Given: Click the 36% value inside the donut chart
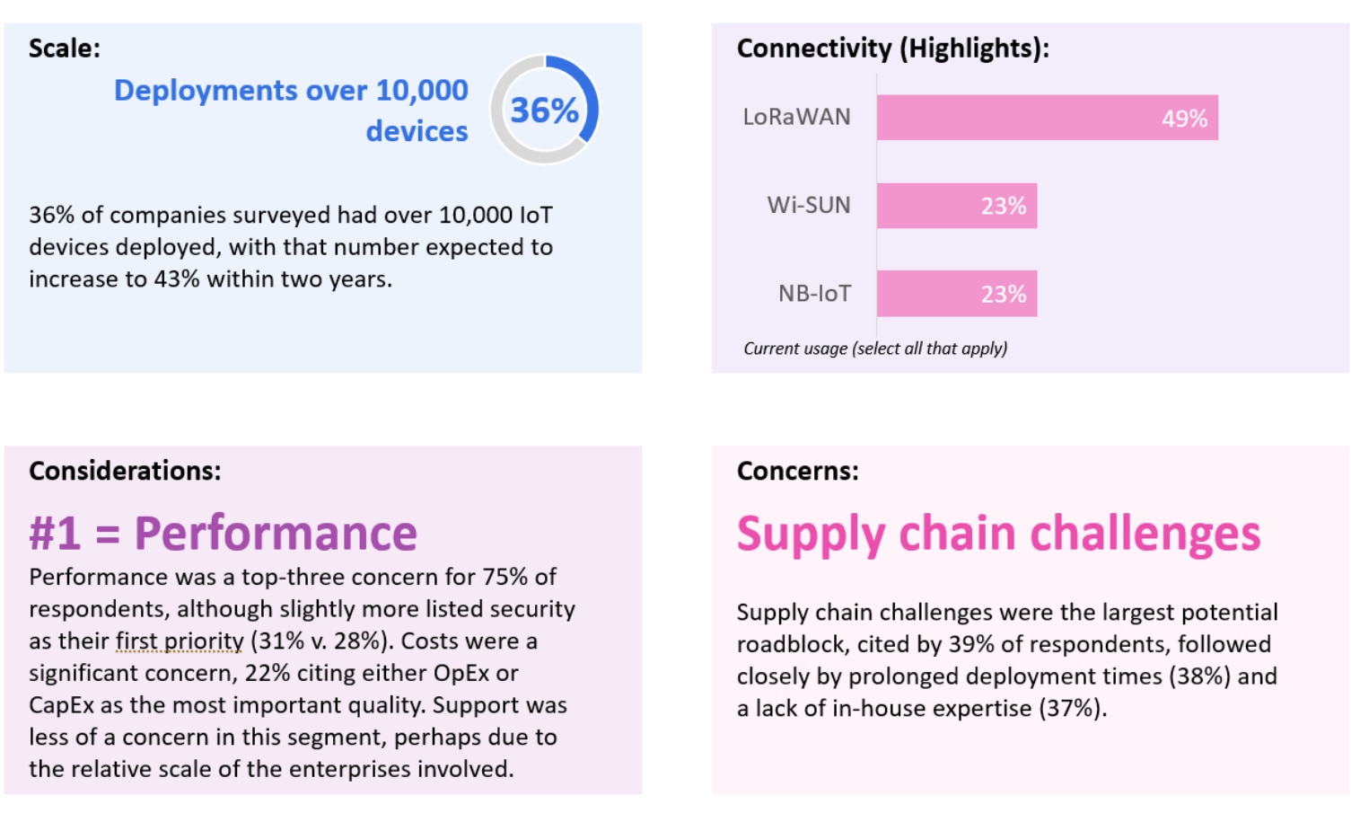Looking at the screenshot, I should coord(544,110).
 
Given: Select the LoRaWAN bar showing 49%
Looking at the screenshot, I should coord(1047,118).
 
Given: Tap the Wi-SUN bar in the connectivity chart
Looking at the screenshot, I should coord(956,206).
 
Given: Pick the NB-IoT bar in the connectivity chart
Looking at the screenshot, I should coord(956,294).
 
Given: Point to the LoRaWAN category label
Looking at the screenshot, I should coord(796,118).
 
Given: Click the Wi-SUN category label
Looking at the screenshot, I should coord(808,206).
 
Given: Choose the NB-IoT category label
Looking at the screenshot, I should coord(813,294).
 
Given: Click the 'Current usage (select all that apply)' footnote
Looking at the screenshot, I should coord(874,349).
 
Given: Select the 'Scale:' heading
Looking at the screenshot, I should coord(65,49).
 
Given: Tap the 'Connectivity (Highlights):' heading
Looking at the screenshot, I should coord(892,49).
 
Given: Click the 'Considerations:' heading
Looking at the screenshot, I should coord(125,471).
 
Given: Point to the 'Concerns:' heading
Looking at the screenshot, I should coord(797,471).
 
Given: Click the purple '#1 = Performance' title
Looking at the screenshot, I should coord(223,533).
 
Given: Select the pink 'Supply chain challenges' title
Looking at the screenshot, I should coord(998,534).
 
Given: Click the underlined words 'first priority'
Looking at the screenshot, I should coord(180,641).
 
